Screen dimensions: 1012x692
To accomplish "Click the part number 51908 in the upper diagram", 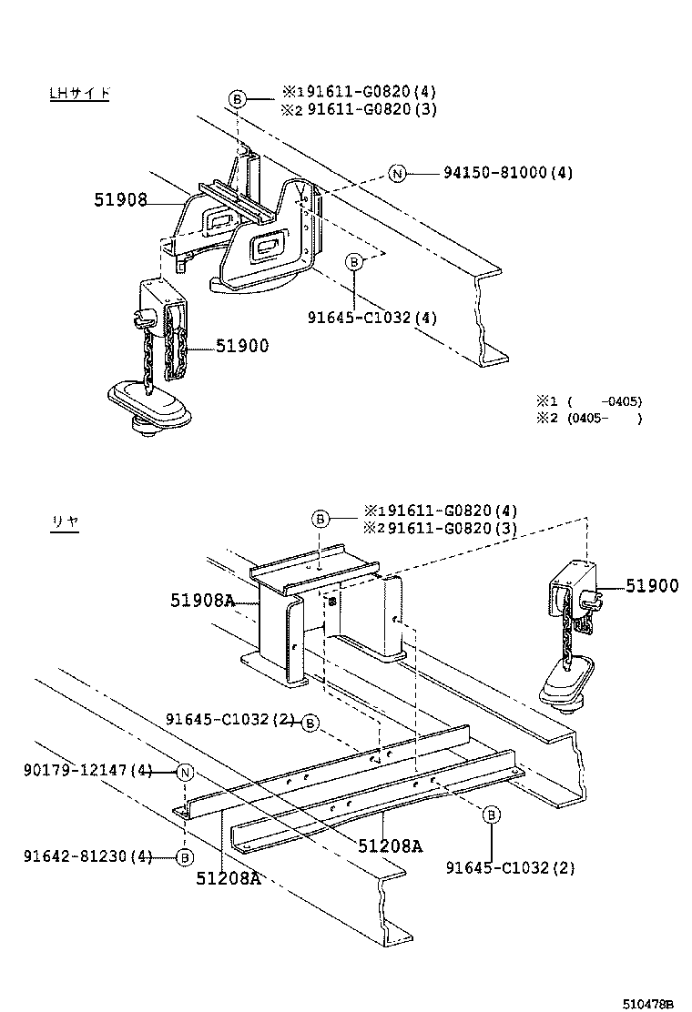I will (x=120, y=199).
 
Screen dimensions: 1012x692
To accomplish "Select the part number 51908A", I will (x=202, y=601).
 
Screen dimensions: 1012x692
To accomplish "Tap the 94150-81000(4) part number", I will (x=508, y=173).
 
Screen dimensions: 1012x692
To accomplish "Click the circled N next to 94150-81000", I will (x=396, y=173).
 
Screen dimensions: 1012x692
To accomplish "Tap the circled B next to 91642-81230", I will (x=184, y=856).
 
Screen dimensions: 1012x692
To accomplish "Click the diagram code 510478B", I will (x=647, y=1004).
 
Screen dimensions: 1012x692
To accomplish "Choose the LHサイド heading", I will (x=79, y=94).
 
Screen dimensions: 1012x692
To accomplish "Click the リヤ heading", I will (x=65, y=523).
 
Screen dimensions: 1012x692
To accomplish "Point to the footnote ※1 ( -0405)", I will (x=588, y=401).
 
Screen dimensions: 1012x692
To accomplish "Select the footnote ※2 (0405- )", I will (x=588, y=419).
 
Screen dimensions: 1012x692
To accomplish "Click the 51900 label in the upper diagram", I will (x=242, y=346).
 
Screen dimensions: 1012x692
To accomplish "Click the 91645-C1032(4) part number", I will (x=371, y=318).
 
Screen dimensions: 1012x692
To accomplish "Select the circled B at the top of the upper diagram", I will (x=237, y=99).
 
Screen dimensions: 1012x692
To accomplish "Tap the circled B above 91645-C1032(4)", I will (x=355, y=262).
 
